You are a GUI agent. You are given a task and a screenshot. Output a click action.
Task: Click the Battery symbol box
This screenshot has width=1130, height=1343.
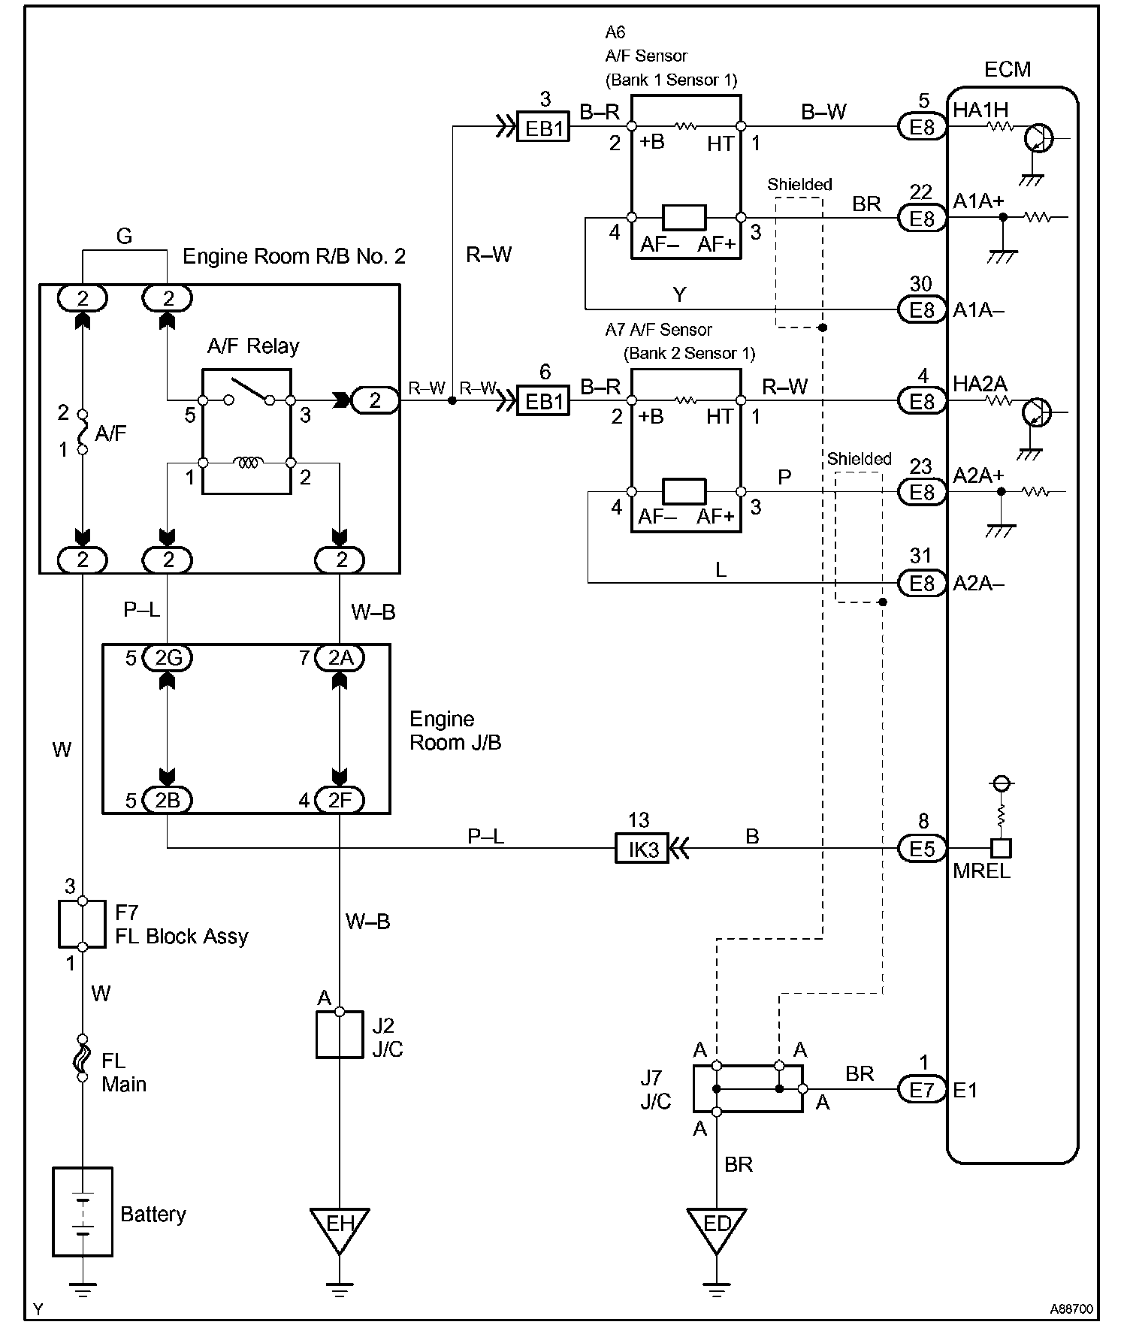(83, 1212)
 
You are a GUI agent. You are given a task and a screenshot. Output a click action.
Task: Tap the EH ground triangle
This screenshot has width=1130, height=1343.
(340, 1226)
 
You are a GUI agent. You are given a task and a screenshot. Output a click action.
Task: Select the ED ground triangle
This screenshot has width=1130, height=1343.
(717, 1226)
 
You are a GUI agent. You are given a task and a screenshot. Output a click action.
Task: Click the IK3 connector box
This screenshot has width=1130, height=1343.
(642, 849)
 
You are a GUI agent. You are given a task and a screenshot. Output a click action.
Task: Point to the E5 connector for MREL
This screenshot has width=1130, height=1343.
(922, 849)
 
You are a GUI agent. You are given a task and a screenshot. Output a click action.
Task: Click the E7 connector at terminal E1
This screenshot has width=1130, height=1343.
(922, 1089)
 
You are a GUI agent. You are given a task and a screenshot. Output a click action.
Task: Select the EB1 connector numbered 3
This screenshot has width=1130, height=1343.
(544, 128)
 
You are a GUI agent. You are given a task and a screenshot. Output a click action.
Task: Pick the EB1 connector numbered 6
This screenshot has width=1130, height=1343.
(544, 401)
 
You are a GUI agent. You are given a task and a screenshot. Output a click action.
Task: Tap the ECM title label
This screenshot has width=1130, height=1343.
(1007, 70)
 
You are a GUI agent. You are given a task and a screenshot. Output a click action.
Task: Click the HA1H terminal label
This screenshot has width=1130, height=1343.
(980, 110)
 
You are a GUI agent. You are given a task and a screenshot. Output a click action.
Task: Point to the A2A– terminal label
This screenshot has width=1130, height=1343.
(978, 584)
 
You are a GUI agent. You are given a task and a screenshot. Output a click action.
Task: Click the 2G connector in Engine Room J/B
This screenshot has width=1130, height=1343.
(168, 658)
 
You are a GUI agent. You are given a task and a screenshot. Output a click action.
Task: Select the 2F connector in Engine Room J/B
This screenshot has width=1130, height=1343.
(340, 801)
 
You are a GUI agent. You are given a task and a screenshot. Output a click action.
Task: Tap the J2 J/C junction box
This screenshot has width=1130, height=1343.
(340, 1034)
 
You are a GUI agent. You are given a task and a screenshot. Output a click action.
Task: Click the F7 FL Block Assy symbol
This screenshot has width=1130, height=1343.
(83, 924)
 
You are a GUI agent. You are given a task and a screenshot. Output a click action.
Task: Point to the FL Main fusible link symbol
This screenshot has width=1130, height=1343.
(83, 1059)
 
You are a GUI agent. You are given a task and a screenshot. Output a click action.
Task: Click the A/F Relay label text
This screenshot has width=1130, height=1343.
(253, 346)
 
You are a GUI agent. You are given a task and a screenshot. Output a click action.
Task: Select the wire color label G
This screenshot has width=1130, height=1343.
(125, 237)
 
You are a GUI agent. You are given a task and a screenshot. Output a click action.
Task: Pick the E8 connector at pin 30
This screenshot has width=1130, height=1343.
(922, 309)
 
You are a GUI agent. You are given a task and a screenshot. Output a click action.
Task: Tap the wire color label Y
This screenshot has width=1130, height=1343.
(679, 295)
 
